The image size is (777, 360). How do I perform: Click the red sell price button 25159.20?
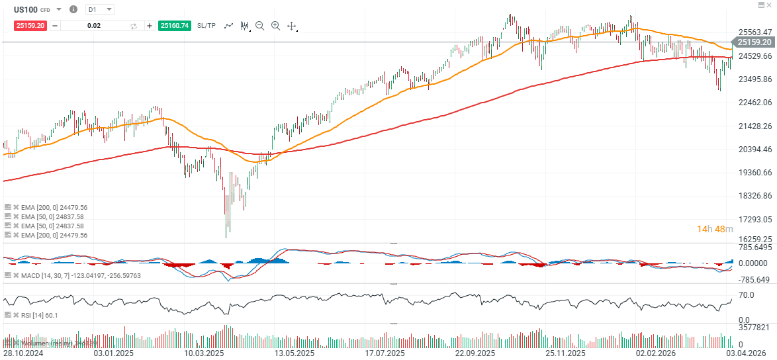30,26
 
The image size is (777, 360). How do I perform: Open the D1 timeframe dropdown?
100,9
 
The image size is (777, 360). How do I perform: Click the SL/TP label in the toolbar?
206,26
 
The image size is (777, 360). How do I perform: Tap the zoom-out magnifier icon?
259,26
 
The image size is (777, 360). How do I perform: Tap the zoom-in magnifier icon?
275,26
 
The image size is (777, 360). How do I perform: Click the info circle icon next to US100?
73,9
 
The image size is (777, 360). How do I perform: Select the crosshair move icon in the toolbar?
292,26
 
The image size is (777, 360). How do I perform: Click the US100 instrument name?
25,9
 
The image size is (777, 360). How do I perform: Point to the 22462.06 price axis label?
754,103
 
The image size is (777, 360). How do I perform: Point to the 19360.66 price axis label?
754,173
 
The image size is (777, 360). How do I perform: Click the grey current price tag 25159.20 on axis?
755,42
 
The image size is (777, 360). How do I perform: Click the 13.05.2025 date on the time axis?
293,353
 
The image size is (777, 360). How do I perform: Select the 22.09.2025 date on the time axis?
475,353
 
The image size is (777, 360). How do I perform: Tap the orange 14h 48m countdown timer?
715,229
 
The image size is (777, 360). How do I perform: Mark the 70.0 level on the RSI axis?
747,295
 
